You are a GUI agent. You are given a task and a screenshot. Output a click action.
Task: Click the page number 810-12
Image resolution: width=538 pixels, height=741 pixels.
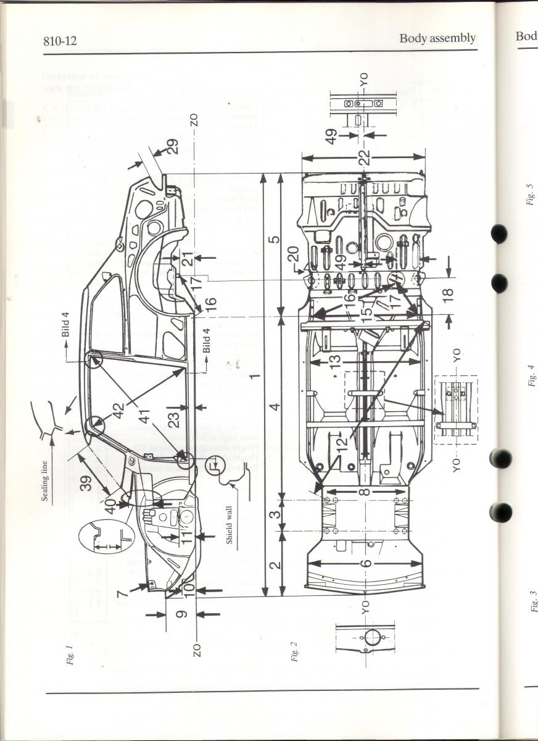[60, 41]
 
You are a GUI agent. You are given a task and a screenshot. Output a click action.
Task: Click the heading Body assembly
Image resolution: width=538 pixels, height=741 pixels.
[437, 38]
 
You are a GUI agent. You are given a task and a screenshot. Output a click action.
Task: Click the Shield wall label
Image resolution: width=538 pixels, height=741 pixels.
[229, 525]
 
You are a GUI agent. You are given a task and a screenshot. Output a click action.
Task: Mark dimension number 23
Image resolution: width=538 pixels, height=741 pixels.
[176, 420]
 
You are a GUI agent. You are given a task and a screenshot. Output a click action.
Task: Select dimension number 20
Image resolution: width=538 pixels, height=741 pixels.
[294, 254]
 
